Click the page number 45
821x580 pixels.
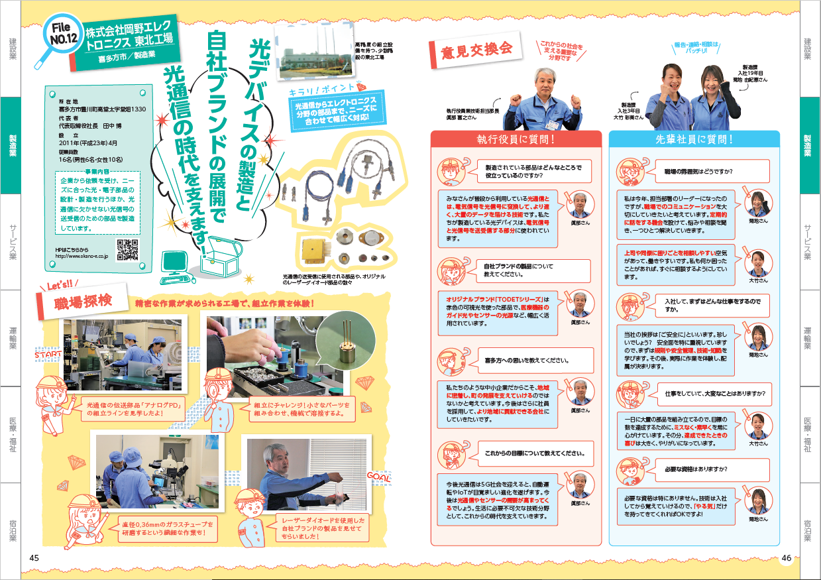(35, 557)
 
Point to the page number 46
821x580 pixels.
(786, 557)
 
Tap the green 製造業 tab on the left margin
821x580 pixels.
(13, 145)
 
